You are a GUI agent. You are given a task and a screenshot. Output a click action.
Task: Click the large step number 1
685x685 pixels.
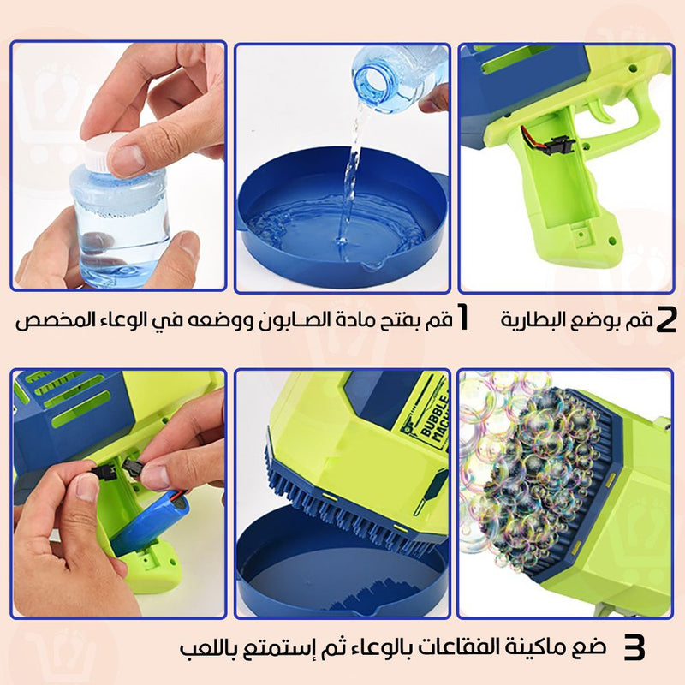[x=463, y=318]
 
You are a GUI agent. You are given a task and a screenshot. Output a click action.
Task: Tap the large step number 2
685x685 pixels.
[x=666, y=319]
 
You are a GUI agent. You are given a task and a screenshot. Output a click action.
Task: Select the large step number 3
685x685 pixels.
[x=634, y=647]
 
